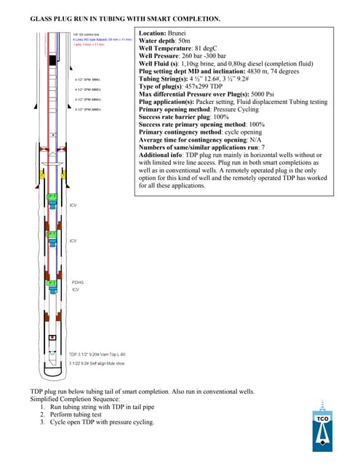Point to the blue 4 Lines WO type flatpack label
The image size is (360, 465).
tap(102, 39)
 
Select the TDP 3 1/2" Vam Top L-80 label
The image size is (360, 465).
tap(95, 354)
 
